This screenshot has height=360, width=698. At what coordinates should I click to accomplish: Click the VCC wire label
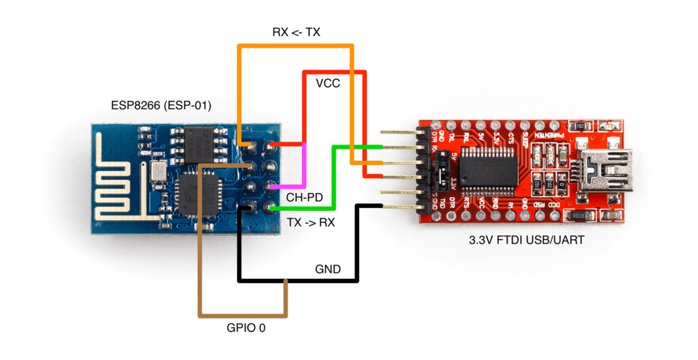[328, 83]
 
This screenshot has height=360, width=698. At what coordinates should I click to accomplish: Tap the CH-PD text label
[304, 198]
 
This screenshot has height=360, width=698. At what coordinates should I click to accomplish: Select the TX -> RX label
[311, 222]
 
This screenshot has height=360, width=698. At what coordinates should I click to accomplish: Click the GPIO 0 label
[246, 328]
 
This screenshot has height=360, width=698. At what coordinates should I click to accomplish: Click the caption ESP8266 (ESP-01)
[161, 106]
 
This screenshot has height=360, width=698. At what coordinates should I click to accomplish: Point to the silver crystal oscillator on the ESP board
[157, 172]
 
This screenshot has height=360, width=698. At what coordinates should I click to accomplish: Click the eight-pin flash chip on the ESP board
[200, 144]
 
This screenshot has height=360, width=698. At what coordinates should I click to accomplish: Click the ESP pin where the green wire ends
[272, 209]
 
